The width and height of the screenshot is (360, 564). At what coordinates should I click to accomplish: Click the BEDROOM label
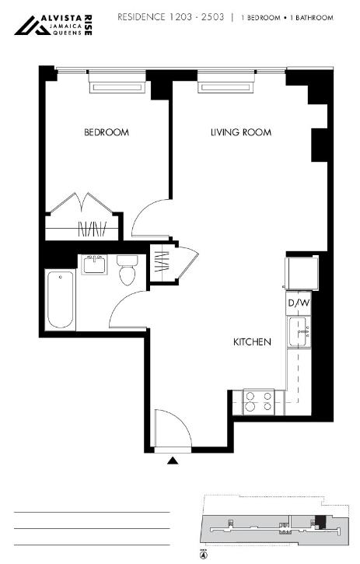pyautogui.click(x=107, y=132)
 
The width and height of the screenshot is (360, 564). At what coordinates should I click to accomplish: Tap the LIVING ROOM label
pyautogui.click(x=241, y=132)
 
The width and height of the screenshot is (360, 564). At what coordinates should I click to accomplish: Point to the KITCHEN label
pyautogui.click(x=252, y=342)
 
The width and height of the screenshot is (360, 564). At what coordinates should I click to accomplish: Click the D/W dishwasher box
pyautogui.click(x=299, y=303)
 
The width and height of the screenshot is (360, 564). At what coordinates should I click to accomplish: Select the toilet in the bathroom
pyautogui.click(x=127, y=269)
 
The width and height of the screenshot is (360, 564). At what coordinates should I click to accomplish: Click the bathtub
pyautogui.click(x=61, y=300)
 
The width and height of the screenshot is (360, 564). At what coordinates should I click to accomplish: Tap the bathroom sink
pyautogui.click(x=94, y=264)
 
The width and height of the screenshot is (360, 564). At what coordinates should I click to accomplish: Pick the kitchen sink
pyautogui.click(x=298, y=331)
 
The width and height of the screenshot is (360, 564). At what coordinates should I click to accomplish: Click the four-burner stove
pyautogui.click(x=259, y=401)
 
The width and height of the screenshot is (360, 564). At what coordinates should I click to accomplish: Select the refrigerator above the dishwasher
pyautogui.click(x=302, y=272)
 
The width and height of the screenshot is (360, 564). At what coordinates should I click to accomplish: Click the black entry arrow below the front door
pyautogui.click(x=173, y=461)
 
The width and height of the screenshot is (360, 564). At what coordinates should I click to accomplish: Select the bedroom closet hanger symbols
pyautogui.click(x=93, y=229)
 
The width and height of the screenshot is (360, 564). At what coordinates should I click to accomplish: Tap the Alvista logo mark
pyautogui.click(x=33, y=26)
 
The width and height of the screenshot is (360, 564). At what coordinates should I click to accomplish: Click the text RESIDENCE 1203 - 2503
pyautogui.click(x=171, y=17)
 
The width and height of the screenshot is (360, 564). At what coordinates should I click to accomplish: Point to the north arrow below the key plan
pyautogui.click(x=205, y=555)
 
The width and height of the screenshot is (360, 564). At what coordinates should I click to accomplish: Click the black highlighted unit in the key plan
pyautogui.click(x=320, y=522)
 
